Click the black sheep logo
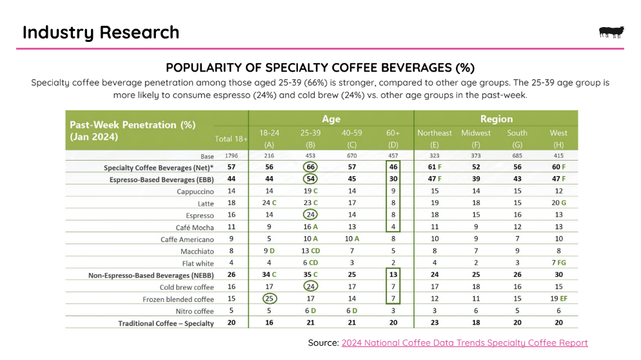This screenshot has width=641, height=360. (611, 32)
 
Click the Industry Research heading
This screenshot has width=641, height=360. (101, 32)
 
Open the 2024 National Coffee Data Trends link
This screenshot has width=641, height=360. (464, 343)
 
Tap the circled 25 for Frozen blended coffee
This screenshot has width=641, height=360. (270, 299)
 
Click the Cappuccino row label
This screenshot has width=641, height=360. (195, 192)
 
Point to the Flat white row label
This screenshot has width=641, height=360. (197, 263)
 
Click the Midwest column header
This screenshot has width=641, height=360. (476, 138)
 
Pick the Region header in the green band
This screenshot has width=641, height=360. (496, 119)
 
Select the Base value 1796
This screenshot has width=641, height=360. (230, 156)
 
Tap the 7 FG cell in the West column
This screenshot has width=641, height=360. (558, 263)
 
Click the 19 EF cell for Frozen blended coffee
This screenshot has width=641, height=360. (558, 299)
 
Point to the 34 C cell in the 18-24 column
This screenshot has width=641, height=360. (270, 275)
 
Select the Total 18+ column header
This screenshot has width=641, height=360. (232, 139)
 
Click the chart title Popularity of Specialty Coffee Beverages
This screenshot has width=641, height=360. (320, 68)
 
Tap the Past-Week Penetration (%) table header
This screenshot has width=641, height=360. (123, 125)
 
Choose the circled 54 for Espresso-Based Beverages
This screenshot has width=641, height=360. (311, 179)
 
